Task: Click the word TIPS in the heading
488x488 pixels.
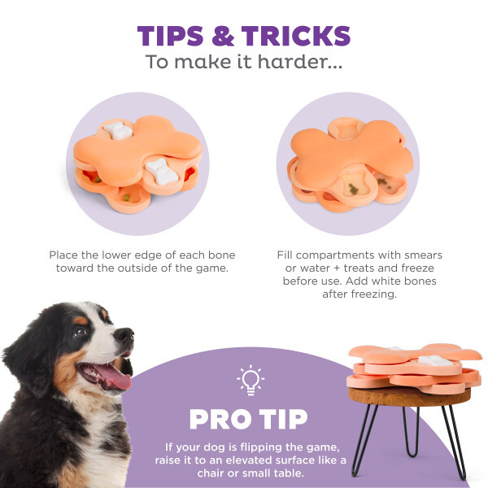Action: tap(170, 36)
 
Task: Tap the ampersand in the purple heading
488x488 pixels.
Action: tap(223, 36)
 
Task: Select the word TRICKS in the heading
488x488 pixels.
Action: tap(296, 36)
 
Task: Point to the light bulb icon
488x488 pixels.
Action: tap(251, 380)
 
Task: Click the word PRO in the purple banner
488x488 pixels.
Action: tap(220, 419)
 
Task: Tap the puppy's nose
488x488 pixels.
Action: tap(125, 334)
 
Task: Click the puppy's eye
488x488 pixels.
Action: tap(80, 333)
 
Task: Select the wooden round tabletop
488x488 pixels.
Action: tap(409, 396)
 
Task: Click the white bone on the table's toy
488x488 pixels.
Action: tap(435, 360)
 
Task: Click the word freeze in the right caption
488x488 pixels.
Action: tap(417, 268)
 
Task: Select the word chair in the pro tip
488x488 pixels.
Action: tap(211, 473)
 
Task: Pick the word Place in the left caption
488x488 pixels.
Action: tap(63, 255)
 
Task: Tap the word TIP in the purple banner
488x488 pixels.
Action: tap(284, 419)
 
